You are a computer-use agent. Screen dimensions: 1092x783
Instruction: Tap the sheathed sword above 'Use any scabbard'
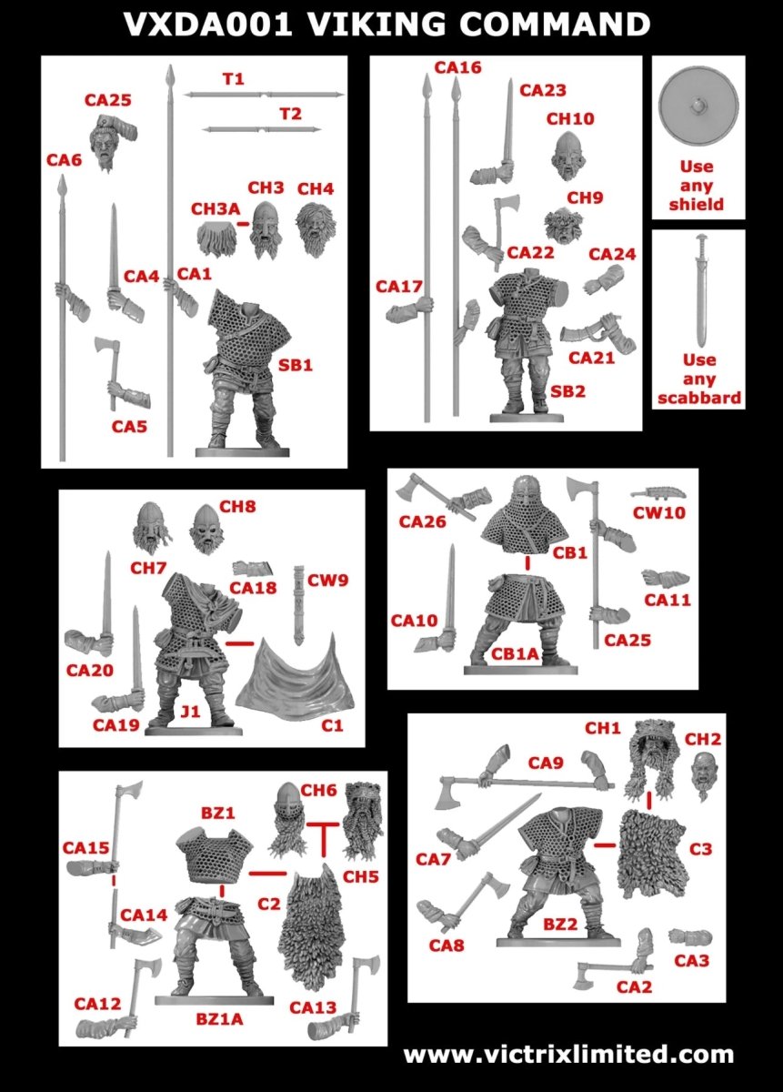tap(698, 288)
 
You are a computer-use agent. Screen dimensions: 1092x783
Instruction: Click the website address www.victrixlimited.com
tap(568, 1055)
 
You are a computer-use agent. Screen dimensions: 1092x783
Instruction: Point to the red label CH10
tap(570, 118)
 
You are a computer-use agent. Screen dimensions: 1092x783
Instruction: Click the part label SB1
tap(296, 366)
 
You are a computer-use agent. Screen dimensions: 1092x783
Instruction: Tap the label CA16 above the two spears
tap(457, 67)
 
